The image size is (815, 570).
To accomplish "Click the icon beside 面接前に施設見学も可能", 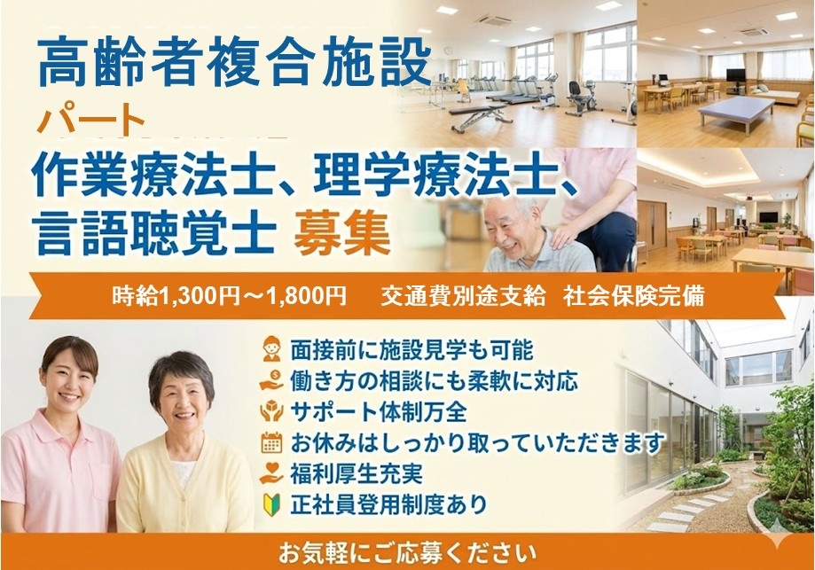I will [x=272, y=348].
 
